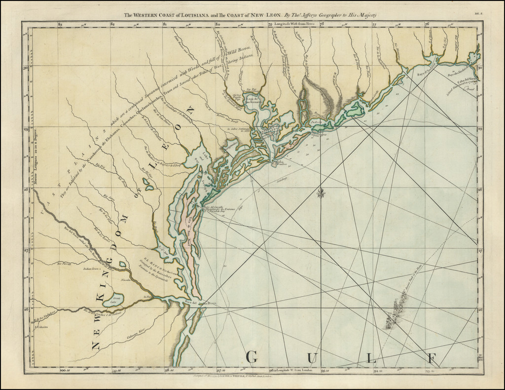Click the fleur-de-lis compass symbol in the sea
coord(321,193)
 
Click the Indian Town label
coord(91,270)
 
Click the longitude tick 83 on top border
coord(60,24)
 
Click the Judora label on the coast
coord(316,120)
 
